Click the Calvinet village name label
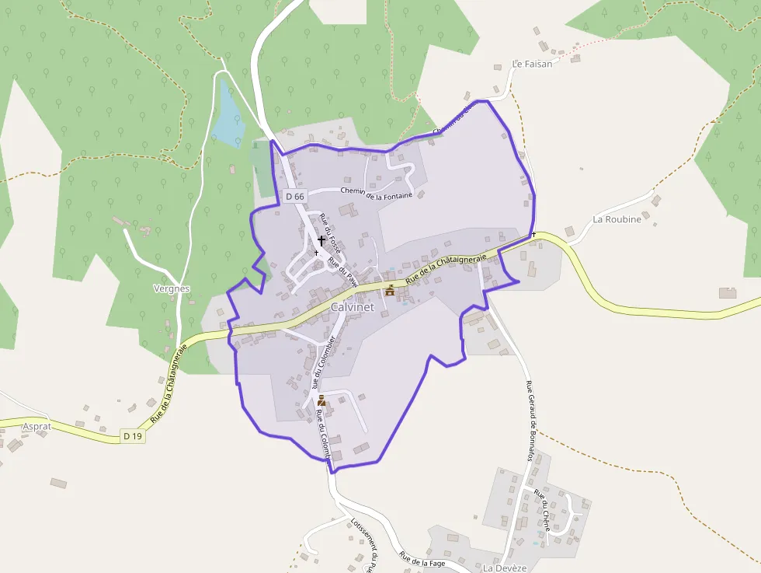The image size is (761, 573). coord(353,307)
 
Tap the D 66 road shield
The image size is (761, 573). coord(295,197)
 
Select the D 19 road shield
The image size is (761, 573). coord(133,436)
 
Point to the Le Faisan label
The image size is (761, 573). coord(532,64)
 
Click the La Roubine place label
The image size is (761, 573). coord(617,219)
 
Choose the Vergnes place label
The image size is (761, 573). coord(172,288)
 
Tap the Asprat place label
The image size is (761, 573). coord(36,427)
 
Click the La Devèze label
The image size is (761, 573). coord(505,568)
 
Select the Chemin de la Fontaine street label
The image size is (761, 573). coord(377,193)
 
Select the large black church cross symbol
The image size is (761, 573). coord(321,241)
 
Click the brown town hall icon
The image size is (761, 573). coord(390,290)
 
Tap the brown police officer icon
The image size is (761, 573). coord(321,400)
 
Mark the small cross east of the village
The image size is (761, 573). coord(534,234)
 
